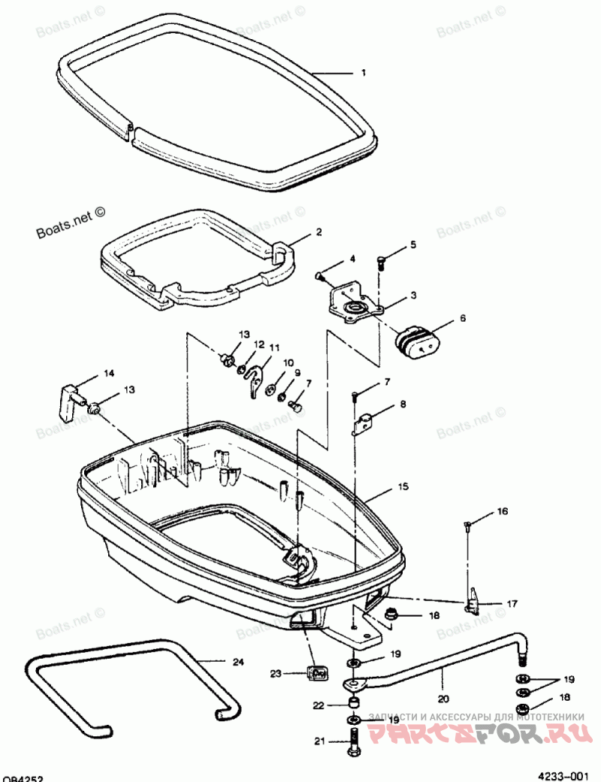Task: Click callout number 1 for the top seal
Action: (364, 73)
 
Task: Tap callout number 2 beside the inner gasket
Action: (319, 232)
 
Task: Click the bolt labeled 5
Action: (381, 262)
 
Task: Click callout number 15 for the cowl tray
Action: (403, 487)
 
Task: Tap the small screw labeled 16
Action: (467, 524)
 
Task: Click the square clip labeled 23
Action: (316, 671)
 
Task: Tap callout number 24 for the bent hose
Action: (237, 662)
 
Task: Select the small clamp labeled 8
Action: (364, 423)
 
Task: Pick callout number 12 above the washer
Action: (258, 344)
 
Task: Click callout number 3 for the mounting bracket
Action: (412, 296)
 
